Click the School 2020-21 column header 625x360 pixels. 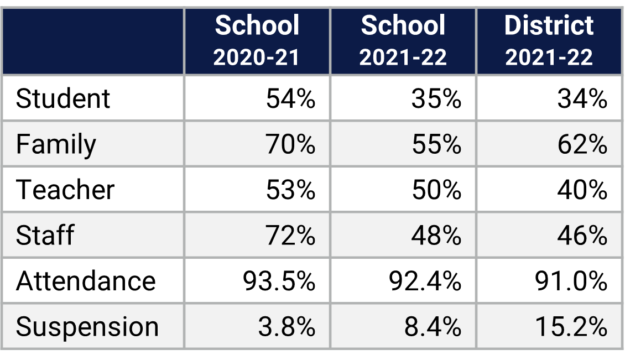257,41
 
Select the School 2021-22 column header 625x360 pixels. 403,41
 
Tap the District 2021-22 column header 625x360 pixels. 549,41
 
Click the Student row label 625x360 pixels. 63,99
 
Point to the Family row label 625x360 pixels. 56,145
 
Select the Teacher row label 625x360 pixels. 65,190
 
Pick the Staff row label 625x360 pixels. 45,236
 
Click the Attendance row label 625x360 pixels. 86,281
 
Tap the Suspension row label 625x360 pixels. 87,327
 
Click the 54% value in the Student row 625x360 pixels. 290,99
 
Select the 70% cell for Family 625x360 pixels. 290,145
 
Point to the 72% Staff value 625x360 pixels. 290,236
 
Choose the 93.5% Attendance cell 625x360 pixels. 279,281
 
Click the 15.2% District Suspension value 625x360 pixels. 571,327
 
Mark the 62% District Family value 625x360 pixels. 582,145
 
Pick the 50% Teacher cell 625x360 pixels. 436,190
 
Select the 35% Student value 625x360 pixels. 436,99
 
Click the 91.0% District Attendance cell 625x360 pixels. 571,281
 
